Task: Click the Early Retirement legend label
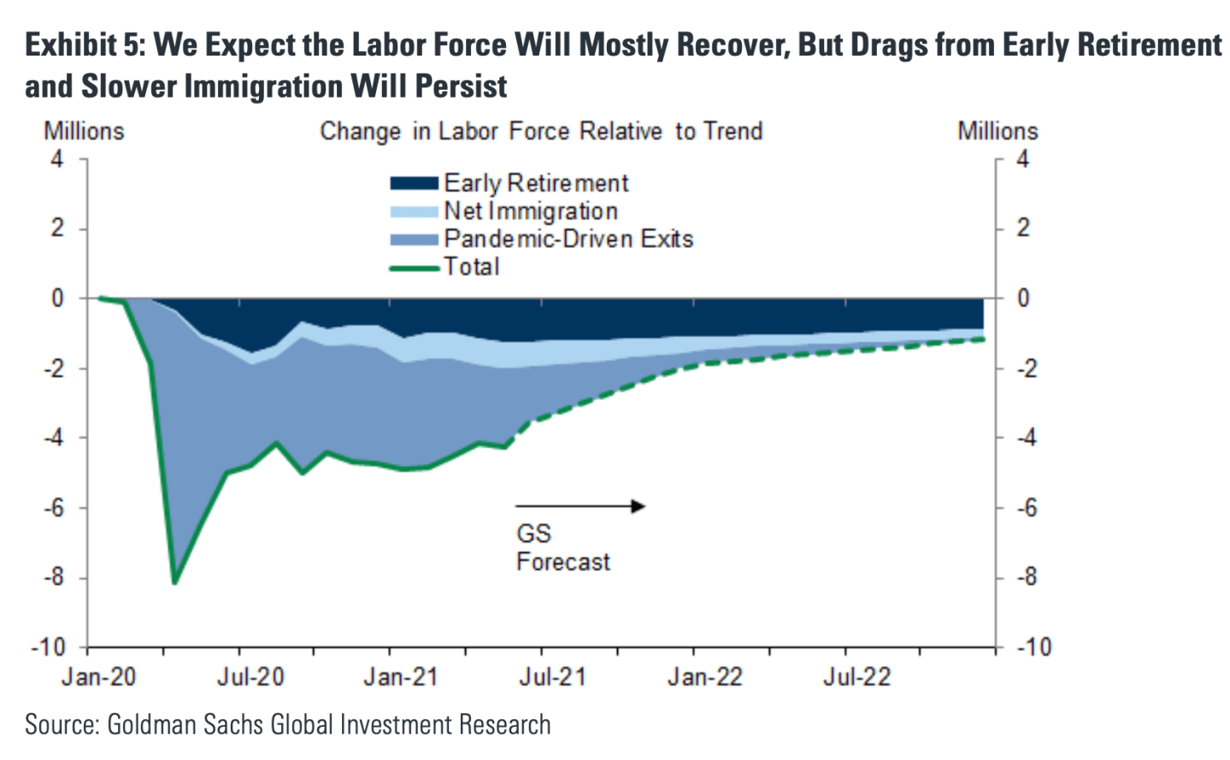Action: click(536, 183)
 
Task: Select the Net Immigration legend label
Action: click(530, 211)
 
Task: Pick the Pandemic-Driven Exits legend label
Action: click(568, 239)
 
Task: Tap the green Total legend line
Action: click(415, 268)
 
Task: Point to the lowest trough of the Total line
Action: click(175, 582)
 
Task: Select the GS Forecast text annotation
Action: click(562, 548)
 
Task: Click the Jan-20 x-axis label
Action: click(98, 678)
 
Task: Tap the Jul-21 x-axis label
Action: click(552, 678)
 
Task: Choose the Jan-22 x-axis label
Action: click(704, 678)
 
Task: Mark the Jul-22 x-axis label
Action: click(856, 678)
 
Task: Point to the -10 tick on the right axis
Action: click(1033, 647)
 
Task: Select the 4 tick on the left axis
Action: click(57, 159)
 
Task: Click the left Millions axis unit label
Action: click(84, 132)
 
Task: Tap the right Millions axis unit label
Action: click(998, 132)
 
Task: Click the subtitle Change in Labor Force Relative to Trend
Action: click(541, 132)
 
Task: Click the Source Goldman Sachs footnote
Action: click(287, 725)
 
